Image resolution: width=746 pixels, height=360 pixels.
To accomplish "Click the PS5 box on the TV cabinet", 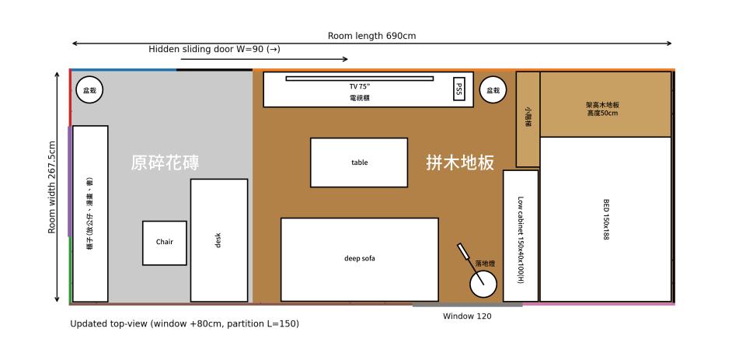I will (x=458, y=89).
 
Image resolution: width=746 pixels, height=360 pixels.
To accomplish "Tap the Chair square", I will (x=164, y=243).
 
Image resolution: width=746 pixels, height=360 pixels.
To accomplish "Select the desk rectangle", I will (x=218, y=240).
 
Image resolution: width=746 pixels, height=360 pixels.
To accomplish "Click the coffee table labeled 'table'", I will (x=358, y=163).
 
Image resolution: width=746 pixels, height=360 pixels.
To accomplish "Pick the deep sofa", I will (x=359, y=259).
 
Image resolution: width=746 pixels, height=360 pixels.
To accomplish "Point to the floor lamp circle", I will (x=483, y=283).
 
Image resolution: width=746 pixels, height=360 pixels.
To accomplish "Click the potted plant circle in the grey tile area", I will (x=89, y=90).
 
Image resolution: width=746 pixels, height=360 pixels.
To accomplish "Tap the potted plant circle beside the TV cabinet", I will (x=493, y=90).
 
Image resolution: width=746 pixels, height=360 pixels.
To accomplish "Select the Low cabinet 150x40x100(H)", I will (x=520, y=236).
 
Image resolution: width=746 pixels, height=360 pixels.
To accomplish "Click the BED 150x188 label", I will (x=606, y=218).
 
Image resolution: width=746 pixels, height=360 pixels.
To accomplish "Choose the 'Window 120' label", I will (x=467, y=316).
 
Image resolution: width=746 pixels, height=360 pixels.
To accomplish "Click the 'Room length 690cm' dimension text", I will (x=371, y=36).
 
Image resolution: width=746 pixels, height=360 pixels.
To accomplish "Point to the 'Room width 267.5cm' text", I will (x=52, y=187).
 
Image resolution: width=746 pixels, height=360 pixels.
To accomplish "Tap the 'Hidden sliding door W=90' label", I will (x=214, y=49).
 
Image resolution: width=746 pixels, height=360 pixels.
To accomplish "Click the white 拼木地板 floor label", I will (x=460, y=163).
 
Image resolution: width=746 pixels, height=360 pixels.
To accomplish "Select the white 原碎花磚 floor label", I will (x=165, y=163).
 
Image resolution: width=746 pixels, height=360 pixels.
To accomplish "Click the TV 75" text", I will (x=359, y=86).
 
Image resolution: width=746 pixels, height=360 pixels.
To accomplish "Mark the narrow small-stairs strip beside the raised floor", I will (x=528, y=119).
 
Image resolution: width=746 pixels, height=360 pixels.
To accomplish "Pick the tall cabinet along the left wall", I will (x=90, y=214).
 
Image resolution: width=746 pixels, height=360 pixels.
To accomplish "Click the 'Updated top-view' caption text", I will (x=184, y=323).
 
